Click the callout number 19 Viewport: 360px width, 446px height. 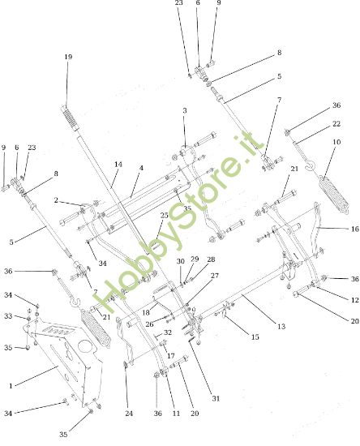click(x=68, y=57)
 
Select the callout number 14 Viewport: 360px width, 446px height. click(x=118, y=165)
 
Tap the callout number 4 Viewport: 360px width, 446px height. click(x=141, y=168)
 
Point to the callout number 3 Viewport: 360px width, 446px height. click(x=185, y=110)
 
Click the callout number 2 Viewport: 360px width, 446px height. click(x=56, y=200)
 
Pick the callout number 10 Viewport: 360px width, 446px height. click(x=336, y=142)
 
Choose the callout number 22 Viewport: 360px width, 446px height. click(x=336, y=124)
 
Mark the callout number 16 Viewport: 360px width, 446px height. click(x=355, y=229)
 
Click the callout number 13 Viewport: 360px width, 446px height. click(x=281, y=326)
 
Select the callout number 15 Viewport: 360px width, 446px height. click(x=255, y=337)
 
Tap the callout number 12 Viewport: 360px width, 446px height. click(x=355, y=300)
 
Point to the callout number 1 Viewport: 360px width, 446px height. click(x=11, y=386)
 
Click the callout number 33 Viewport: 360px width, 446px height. click(x=8, y=316)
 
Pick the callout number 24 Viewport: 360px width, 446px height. click(x=129, y=414)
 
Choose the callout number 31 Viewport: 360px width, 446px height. click(x=216, y=398)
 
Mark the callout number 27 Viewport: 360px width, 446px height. click(x=215, y=276)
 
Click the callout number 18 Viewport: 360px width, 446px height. click(x=146, y=312)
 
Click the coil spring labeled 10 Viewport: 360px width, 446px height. click(x=334, y=194)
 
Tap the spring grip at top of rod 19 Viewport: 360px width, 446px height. click(x=70, y=118)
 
